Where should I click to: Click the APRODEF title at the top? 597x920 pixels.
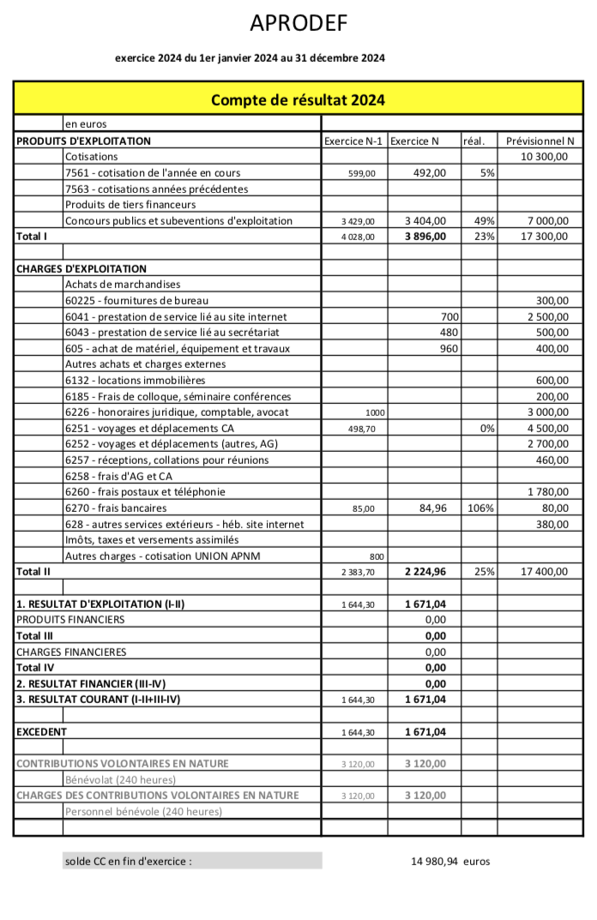click(298, 24)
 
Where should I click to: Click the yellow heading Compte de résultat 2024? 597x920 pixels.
click(298, 100)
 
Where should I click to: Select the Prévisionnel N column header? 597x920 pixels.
click(540, 141)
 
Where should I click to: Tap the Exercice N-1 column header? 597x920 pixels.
click(353, 141)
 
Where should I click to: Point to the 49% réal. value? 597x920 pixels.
click(485, 221)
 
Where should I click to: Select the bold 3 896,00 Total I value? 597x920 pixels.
click(425, 237)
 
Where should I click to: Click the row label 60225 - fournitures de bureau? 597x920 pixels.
click(136, 301)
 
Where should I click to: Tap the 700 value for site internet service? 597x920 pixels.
click(449, 317)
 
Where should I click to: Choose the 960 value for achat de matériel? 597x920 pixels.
click(449, 349)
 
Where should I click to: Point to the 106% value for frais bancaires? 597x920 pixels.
click(481, 508)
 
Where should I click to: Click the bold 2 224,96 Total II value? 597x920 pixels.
click(425, 572)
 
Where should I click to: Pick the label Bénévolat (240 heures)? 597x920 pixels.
click(120, 779)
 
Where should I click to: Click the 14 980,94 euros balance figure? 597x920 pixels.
click(450, 862)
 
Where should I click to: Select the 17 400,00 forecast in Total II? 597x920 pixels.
click(540, 572)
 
